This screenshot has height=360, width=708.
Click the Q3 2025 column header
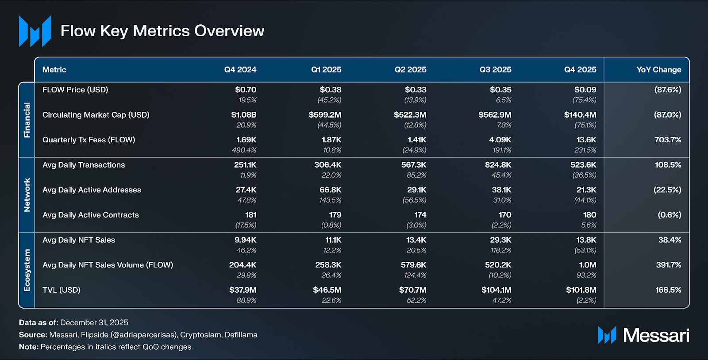495,70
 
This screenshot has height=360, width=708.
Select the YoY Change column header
658,70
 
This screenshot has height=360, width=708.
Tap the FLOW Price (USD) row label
75,90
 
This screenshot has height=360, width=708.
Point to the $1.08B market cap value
243,115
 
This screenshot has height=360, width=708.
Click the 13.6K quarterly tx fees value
586,140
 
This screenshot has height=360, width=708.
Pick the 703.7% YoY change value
668,140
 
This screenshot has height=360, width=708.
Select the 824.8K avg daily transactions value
498,165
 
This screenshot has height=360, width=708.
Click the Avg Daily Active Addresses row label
92,190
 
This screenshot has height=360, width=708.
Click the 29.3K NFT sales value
501,240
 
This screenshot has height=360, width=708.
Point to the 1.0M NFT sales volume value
587,265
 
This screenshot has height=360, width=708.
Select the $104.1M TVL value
496,290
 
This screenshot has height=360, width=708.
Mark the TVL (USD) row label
62,290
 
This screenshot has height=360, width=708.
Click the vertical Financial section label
27,120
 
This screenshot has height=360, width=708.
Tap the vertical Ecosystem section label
27,270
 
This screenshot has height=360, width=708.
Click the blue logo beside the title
35,31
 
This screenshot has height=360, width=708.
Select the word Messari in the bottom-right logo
656,336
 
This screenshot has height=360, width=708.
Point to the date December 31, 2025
94,322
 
